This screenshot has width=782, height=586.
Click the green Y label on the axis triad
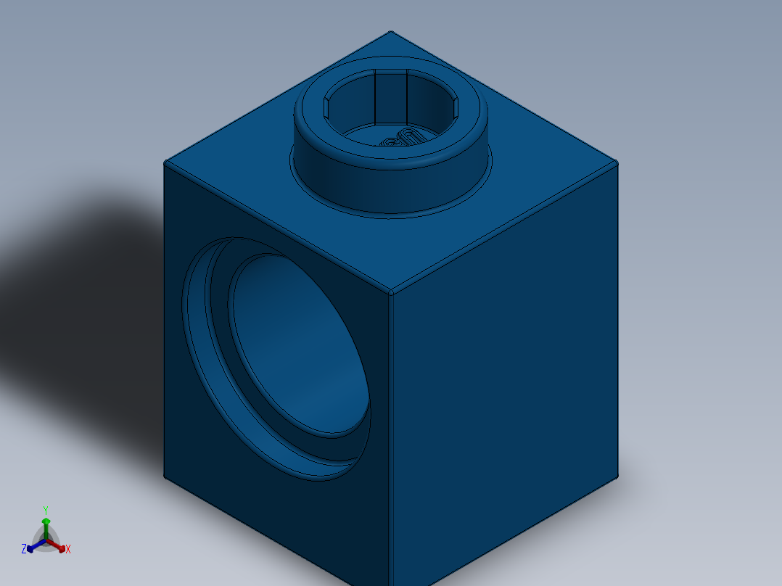click(x=45, y=509)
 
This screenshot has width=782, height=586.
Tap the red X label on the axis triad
click(x=68, y=550)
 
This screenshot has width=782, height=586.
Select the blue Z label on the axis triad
click(x=24, y=549)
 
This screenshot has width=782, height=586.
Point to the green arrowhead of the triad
click(x=46, y=521)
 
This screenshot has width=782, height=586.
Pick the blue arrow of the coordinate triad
click(x=33, y=546)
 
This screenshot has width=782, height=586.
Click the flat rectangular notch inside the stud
click(x=390, y=97)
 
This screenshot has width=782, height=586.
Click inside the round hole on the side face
click(x=297, y=348)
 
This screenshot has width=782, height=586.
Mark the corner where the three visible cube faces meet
click(x=391, y=294)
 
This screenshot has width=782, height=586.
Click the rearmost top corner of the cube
click(x=391, y=32)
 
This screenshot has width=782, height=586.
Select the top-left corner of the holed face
click(x=165, y=162)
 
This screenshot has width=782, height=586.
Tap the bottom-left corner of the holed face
click(x=165, y=476)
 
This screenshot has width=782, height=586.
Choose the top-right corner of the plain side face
click(x=617, y=162)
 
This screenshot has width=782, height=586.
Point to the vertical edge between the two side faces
click(x=391, y=435)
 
